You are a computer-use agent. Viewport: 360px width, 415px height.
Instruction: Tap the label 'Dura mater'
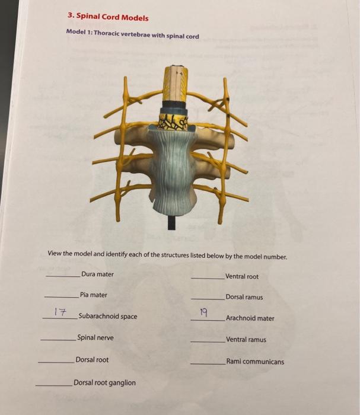click(98, 274)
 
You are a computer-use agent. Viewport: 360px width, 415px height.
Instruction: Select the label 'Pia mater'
click(94, 295)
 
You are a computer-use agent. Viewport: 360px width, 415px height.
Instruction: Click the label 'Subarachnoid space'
click(107, 317)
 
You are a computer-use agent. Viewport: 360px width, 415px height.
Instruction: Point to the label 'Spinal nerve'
click(95, 338)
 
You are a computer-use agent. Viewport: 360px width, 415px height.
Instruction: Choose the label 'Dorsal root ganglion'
click(104, 383)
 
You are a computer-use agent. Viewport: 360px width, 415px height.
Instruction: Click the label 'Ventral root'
click(242, 277)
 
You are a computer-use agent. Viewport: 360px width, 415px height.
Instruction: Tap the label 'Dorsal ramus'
click(244, 298)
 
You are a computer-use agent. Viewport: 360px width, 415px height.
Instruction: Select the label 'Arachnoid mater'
click(250, 318)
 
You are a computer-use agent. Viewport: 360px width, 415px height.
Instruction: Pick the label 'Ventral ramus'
click(246, 340)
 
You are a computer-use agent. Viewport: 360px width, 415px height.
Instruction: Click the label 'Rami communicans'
click(254, 362)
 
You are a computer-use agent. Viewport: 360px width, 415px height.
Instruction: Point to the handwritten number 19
click(203, 312)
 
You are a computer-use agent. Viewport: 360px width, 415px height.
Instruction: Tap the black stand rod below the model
click(173, 222)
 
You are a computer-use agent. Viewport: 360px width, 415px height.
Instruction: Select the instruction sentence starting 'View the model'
click(167, 257)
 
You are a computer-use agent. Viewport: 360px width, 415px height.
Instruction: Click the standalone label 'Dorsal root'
click(92, 360)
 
